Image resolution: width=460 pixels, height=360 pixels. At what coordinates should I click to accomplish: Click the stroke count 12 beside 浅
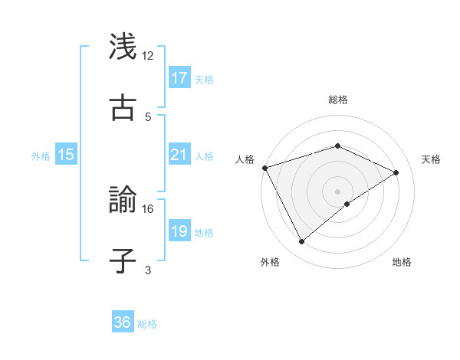click(x=148, y=56)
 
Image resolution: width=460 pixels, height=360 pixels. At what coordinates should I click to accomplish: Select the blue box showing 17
click(x=179, y=78)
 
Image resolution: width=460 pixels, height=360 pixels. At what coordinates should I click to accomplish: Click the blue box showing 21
click(x=179, y=155)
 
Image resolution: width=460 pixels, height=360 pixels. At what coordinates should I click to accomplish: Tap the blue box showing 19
click(x=179, y=231)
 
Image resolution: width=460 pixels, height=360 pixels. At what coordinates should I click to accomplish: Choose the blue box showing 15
click(x=66, y=155)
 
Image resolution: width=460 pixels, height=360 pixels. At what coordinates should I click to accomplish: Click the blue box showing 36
click(x=123, y=322)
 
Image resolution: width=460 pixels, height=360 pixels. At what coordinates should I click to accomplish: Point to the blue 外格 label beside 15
click(x=41, y=155)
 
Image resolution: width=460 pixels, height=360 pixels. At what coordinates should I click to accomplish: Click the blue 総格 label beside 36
click(x=147, y=323)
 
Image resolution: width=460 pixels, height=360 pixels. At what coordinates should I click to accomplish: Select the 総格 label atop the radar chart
click(x=338, y=100)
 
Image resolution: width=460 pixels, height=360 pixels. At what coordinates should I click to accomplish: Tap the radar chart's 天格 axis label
click(x=432, y=159)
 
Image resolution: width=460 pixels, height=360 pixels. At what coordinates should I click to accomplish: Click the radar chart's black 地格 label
click(x=402, y=262)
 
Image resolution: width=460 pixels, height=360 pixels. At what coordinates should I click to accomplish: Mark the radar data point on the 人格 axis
click(x=264, y=168)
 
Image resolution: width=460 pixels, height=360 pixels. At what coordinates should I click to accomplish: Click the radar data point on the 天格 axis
click(x=396, y=172)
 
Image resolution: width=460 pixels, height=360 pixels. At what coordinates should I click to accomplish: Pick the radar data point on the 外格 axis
click(x=302, y=242)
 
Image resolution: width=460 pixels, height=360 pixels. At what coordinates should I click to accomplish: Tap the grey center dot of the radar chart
click(x=338, y=191)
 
